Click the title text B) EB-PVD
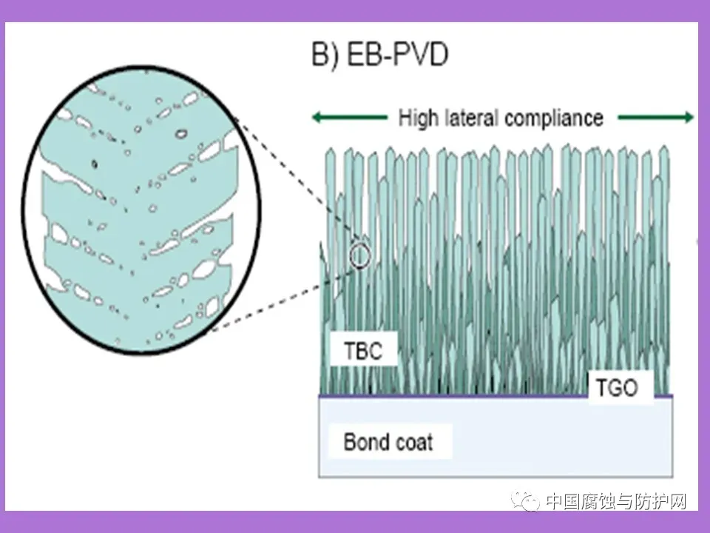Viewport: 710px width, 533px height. coord(379,56)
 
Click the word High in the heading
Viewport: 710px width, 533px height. coord(420,118)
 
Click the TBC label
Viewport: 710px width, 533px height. coord(363,350)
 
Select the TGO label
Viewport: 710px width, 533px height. coord(616,387)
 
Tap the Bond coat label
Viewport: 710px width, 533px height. coord(388,443)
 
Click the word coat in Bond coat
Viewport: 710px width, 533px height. coord(413,443)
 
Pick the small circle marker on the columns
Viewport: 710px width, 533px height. coord(359,255)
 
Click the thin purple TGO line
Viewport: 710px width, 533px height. coord(481,395)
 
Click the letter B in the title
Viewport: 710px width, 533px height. coord(319,56)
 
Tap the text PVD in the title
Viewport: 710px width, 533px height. coord(422,56)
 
